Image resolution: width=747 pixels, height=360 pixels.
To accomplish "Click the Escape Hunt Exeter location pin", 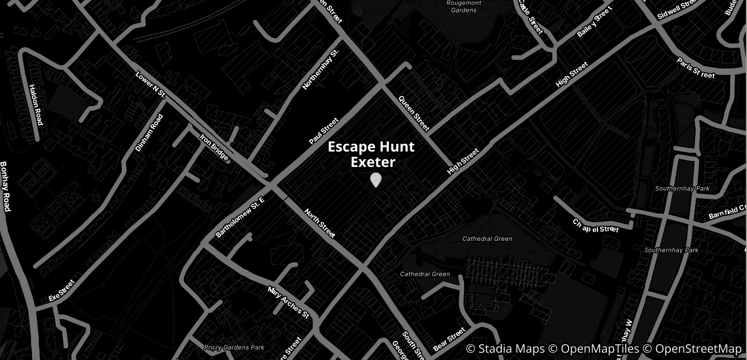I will (375, 180).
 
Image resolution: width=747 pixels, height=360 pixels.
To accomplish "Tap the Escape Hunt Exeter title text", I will (371, 154).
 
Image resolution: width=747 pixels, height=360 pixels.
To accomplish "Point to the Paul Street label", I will (324, 132).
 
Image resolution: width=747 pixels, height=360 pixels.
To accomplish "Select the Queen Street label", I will (414, 113).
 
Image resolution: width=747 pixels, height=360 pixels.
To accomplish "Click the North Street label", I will (320, 223).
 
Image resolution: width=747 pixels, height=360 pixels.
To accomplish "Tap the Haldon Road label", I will (35, 105).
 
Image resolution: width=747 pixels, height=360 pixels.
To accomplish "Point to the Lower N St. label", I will (151, 86).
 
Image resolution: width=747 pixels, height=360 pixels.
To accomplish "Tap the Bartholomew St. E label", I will (240, 217).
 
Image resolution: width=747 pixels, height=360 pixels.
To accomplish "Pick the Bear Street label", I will (449, 340).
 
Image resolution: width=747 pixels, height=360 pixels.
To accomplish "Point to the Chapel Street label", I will (596, 226).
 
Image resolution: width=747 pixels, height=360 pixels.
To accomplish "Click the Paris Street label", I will (696, 69).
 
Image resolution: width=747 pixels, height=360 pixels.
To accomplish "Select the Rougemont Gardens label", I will (464, 6).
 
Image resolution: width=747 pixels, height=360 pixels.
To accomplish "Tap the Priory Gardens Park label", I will (234, 347).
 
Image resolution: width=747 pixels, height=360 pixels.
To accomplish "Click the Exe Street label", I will (62, 290).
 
